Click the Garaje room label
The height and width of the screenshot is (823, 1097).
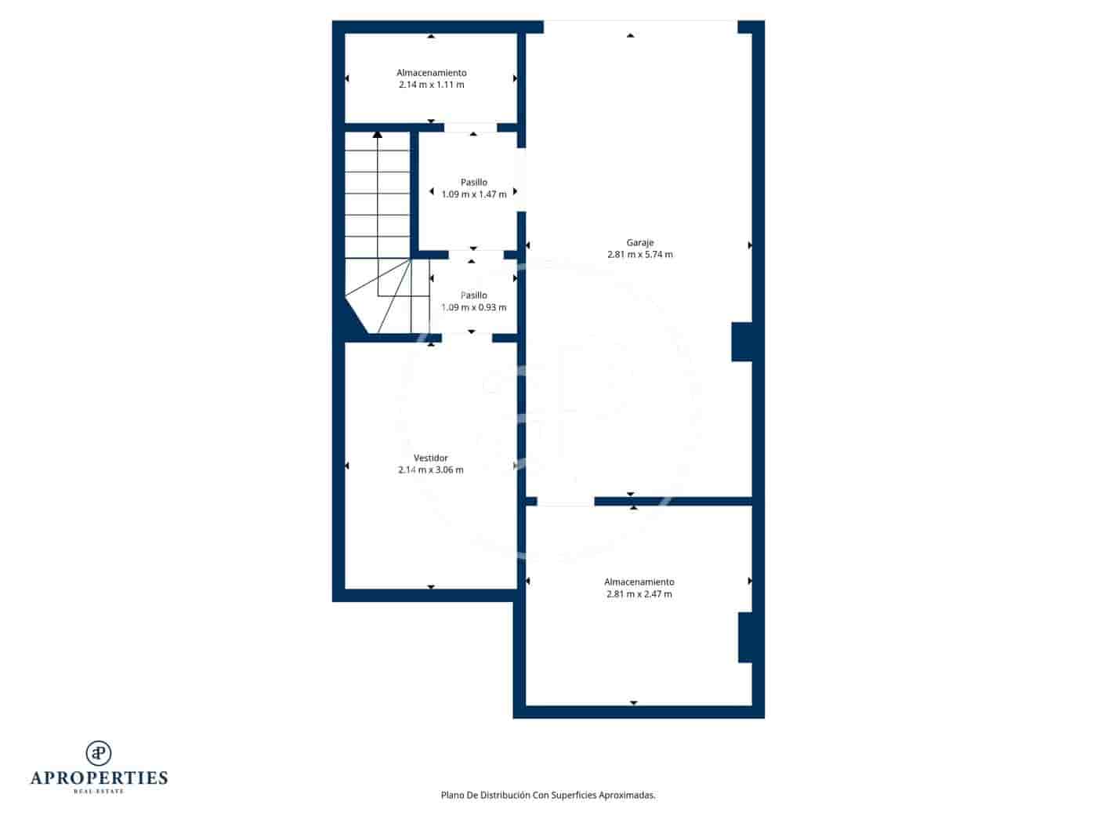click(x=639, y=243)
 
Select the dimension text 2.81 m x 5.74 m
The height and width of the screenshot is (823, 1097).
click(x=639, y=255)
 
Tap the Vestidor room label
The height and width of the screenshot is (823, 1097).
click(x=430, y=458)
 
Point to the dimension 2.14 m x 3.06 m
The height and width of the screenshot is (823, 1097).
click(x=430, y=470)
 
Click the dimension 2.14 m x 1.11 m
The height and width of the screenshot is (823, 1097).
click(x=431, y=85)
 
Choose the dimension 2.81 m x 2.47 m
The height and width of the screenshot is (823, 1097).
click(x=639, y=594)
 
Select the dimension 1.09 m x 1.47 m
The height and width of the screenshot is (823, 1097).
click(x=473, y=194)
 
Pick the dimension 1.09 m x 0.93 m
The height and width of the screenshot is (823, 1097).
click(x=473, y=307)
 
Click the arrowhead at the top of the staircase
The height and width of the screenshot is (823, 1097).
click(x=378, y=135)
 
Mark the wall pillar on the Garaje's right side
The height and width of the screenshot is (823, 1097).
click(x=741, y=342)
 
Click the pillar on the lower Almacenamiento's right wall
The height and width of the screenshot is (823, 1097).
click(x=745, y=637)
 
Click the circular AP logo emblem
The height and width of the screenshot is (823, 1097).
click(x=99, y=752)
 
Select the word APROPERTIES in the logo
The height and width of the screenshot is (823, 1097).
click(x=99, y=778)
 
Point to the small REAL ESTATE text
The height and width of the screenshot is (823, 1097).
click(x=99, y=792)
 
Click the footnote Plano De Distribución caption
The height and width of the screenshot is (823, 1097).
click(x=548, y=795)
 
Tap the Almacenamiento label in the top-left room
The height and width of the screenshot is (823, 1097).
click(x=431, y=73)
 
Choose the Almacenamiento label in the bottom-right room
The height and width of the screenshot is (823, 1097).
click(x=639, y=582)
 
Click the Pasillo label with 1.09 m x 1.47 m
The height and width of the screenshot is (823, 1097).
click(x=473, y=183)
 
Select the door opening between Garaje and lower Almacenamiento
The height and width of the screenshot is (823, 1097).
click(x=565, y=502)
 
